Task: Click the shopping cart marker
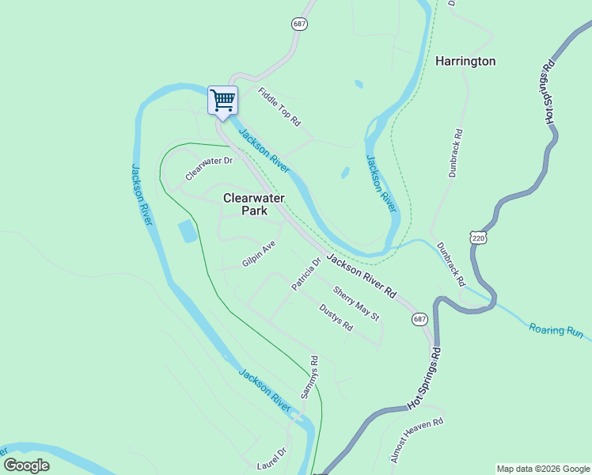tap(223, 101)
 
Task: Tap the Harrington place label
tap(465, 61)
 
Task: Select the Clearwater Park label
tap(254, 204)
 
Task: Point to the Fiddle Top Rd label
tap(280, 107)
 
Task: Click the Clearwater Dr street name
tap(209, 167)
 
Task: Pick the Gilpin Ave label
tap(259, 254)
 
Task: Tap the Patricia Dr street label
tap(305, 273)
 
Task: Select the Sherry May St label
tap(356, 302)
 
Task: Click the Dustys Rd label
tap(336, 318)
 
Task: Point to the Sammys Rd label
tap(309, 377)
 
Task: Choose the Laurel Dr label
tap(271, 457)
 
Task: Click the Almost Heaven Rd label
tap(416, 441)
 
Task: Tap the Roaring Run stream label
tap(556, 331)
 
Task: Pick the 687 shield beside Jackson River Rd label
tap(419, 318)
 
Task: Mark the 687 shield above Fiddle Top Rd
tap(299, 24)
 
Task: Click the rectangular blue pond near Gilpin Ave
tap(188, 231)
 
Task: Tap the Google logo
tap(26, 465)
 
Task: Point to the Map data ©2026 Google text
tap(543, 469)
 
